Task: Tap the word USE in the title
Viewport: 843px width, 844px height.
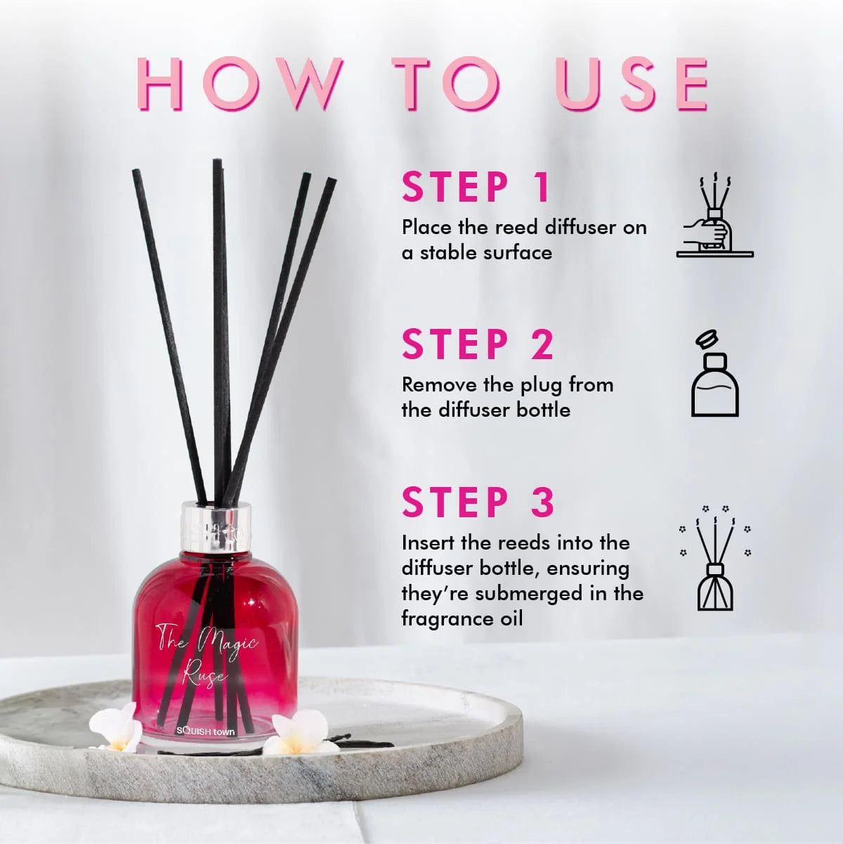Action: pos(632,84)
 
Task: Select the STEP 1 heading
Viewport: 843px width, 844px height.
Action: pos(476,187)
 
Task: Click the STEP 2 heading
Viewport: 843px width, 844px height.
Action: pos(478,344)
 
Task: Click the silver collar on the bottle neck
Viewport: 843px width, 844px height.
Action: pos(217,527)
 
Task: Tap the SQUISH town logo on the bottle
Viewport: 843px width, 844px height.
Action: pos(205,732)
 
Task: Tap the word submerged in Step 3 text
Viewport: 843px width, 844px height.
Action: pos(536,595)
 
